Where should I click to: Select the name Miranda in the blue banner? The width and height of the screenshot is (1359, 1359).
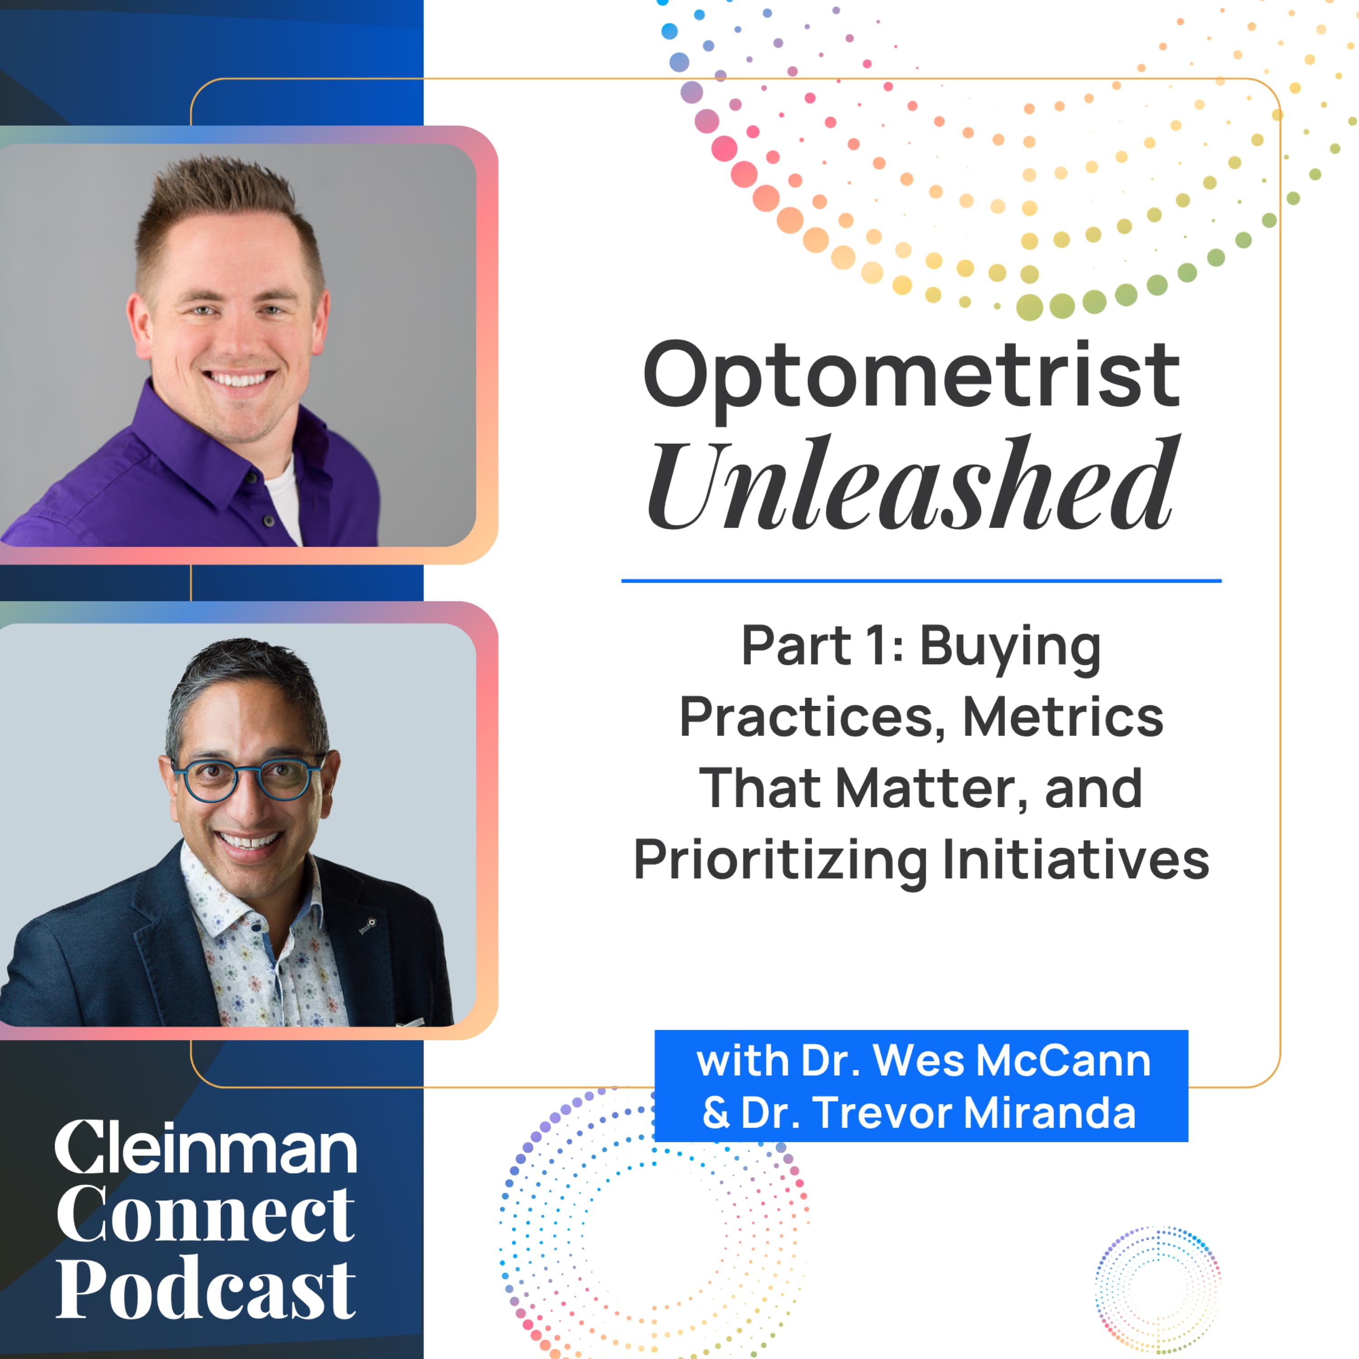pos(1050,1113)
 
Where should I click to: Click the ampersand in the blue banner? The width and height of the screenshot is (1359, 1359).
pos(716,1113)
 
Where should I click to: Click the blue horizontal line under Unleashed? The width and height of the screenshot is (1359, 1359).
pos(921,581)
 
